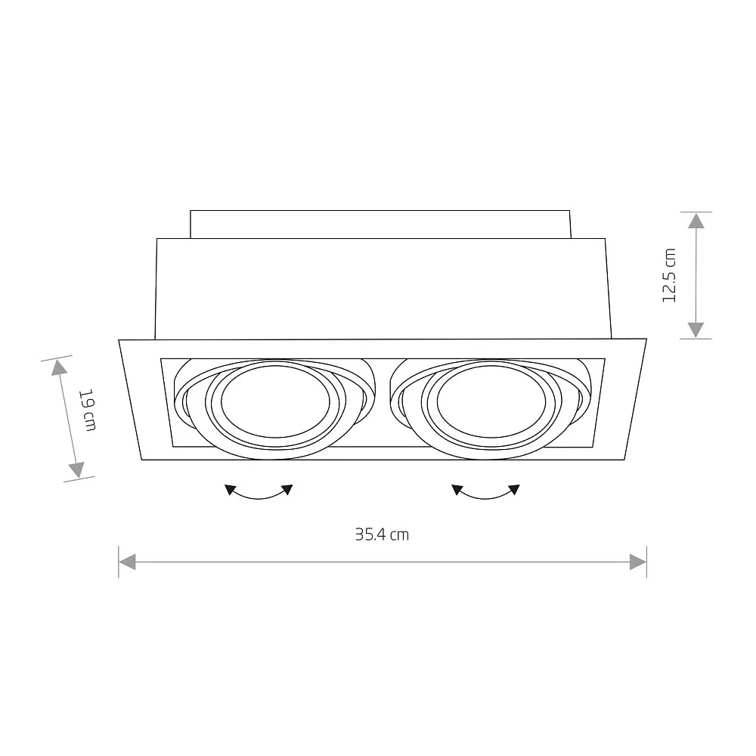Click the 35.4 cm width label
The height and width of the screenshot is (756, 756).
point(382,534)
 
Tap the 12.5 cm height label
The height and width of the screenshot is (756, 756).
point(668,275)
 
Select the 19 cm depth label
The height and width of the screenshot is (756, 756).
point(88,411)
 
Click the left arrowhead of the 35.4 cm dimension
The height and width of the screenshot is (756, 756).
point(128,562)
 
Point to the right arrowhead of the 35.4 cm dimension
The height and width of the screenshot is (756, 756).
point(638,562)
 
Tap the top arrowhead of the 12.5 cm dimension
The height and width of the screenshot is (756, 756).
point(696,220)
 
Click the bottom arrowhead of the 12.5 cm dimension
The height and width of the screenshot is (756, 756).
point(696,330)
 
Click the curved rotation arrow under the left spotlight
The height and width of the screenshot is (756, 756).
point(259,494)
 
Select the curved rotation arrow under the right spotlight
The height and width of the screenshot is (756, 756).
point(486,494)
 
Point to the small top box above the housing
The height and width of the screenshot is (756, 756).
point(380,224)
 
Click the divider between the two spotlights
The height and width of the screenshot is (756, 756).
point(383,401)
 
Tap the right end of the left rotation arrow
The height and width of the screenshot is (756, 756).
point(288,489)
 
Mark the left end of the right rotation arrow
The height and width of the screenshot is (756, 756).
point(457,489)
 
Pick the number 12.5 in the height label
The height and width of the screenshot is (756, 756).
point(668,283)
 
